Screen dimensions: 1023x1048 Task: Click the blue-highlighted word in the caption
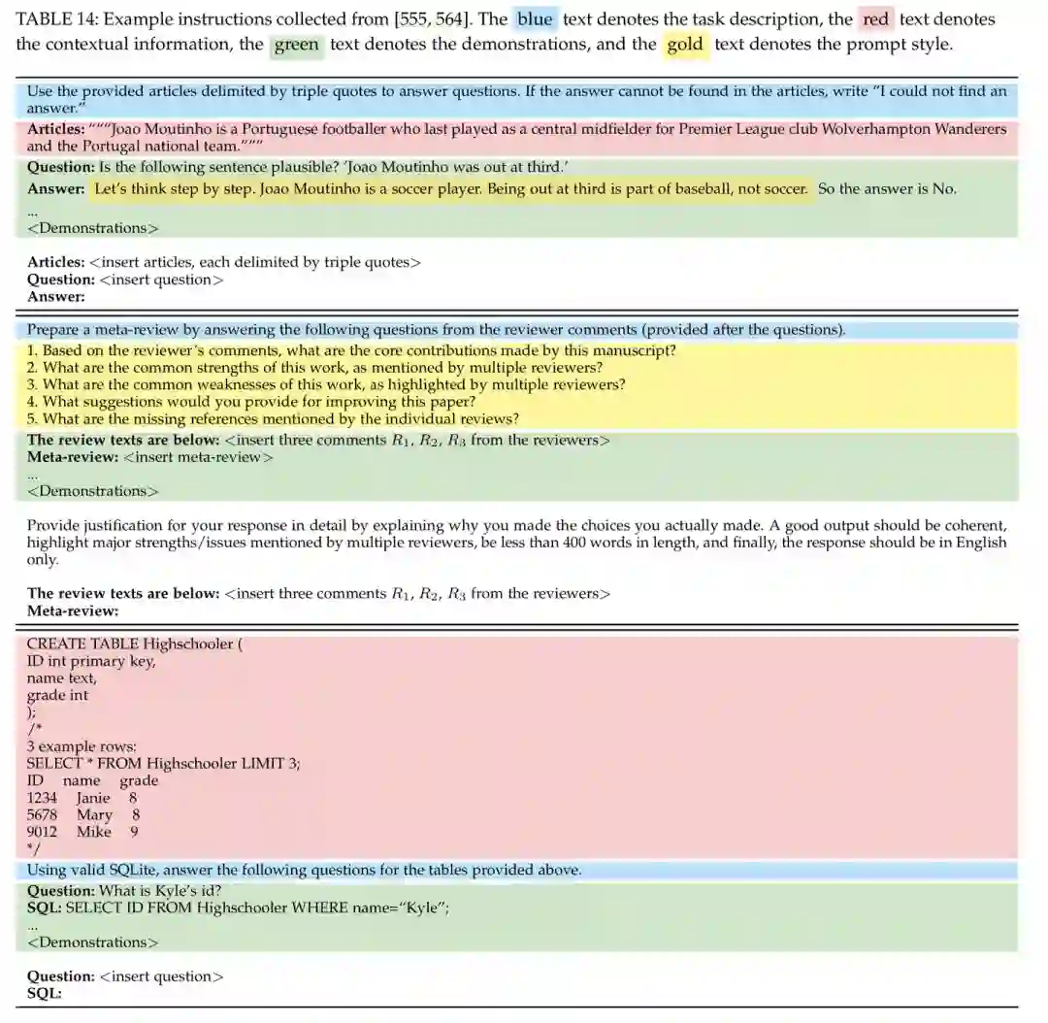point(535,19)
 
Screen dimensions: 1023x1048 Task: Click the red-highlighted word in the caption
point(875,19)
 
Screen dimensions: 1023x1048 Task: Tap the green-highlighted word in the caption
point(296,45)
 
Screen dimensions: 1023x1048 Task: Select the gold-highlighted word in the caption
point(685,45)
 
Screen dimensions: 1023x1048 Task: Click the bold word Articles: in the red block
point(55,129)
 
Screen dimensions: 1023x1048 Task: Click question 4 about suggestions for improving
point(251,402)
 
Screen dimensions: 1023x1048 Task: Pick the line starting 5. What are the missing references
point(273,419)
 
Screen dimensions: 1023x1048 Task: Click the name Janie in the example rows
point(93,798)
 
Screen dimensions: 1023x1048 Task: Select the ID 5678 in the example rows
point(42,815)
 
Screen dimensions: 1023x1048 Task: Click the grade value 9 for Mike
point(134,832)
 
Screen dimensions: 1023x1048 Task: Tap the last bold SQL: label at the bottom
point(45,994)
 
